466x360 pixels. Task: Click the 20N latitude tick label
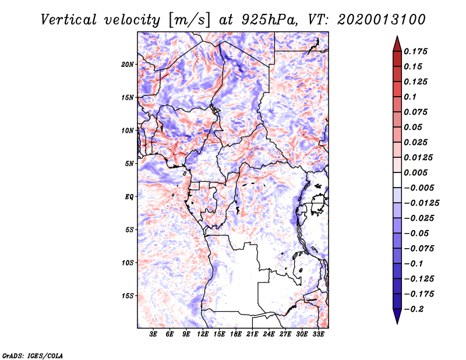(128, 64)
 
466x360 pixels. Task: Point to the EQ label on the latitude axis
(129, 197)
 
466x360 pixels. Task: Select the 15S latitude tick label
(128, 296)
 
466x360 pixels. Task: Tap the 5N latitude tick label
(129, 164)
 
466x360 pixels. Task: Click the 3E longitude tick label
(154, 335)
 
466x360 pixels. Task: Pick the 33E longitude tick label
(318, 335)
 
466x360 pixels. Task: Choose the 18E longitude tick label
(236, 335)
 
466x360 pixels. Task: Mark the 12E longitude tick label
(203, 335)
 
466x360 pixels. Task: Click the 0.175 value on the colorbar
(417, 51)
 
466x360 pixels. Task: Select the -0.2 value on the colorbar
(415, 309)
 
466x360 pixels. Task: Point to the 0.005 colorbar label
(417, 172)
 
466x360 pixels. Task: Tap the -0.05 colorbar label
(416, 233)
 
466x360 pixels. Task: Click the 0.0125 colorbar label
(419, 157)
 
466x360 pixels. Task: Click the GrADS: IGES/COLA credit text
(24, 354)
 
